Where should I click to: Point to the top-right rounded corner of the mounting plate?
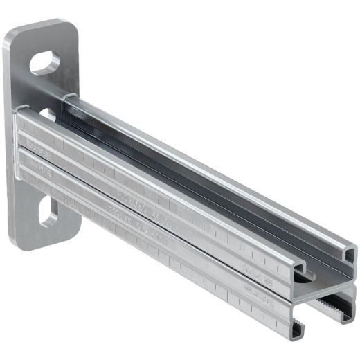tap(73, 31)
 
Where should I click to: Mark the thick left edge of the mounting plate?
tap(9, 138)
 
